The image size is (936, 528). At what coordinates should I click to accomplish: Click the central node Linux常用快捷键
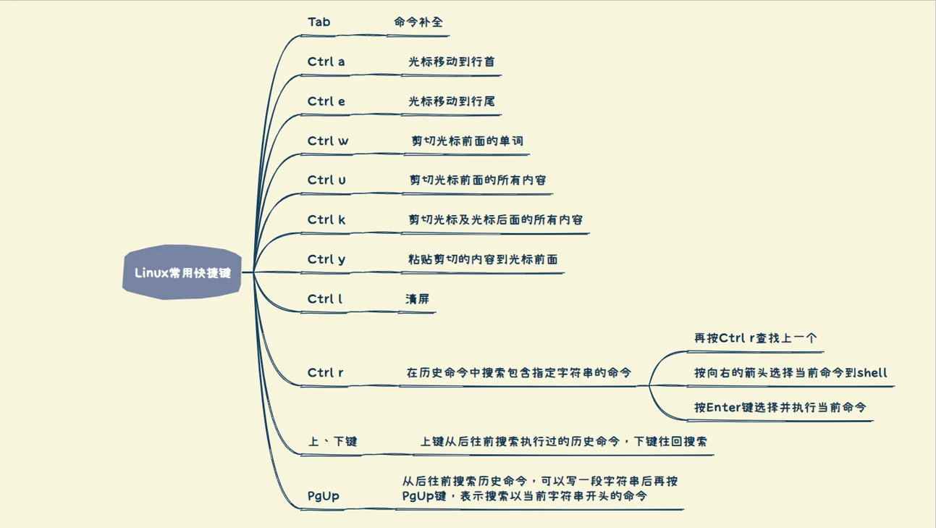[182, 273]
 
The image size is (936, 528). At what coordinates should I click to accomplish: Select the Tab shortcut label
[319, 22]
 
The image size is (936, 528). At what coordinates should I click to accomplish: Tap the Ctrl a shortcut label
[326, 62]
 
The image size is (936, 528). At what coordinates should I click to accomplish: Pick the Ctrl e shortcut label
[326, 101]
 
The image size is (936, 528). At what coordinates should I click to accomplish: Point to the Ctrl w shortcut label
[328, 141]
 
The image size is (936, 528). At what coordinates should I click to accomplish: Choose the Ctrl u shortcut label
[327, 180]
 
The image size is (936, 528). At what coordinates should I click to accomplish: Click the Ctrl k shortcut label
[326, 219]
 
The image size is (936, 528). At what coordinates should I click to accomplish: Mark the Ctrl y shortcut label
[326, 259]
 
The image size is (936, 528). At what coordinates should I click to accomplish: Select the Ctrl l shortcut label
[325, 298]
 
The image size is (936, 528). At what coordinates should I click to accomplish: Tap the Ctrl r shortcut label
[326, 373]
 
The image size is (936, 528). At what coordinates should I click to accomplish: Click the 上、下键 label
[333, 442]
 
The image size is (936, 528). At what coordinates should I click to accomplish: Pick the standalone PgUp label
[324, 496]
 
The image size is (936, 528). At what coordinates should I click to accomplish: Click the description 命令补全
[418, 22]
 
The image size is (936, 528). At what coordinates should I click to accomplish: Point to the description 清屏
[418, 298]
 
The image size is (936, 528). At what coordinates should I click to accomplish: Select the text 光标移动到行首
[452, 62]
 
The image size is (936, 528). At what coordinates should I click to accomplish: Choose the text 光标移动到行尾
[452, 101]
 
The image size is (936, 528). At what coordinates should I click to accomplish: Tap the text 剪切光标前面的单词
[467, 141]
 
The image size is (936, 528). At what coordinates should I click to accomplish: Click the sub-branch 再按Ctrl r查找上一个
[756, 338]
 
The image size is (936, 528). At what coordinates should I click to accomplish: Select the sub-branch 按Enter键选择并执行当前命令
[780, 408]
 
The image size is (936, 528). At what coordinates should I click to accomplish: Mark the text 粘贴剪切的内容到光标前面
[483, 259]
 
